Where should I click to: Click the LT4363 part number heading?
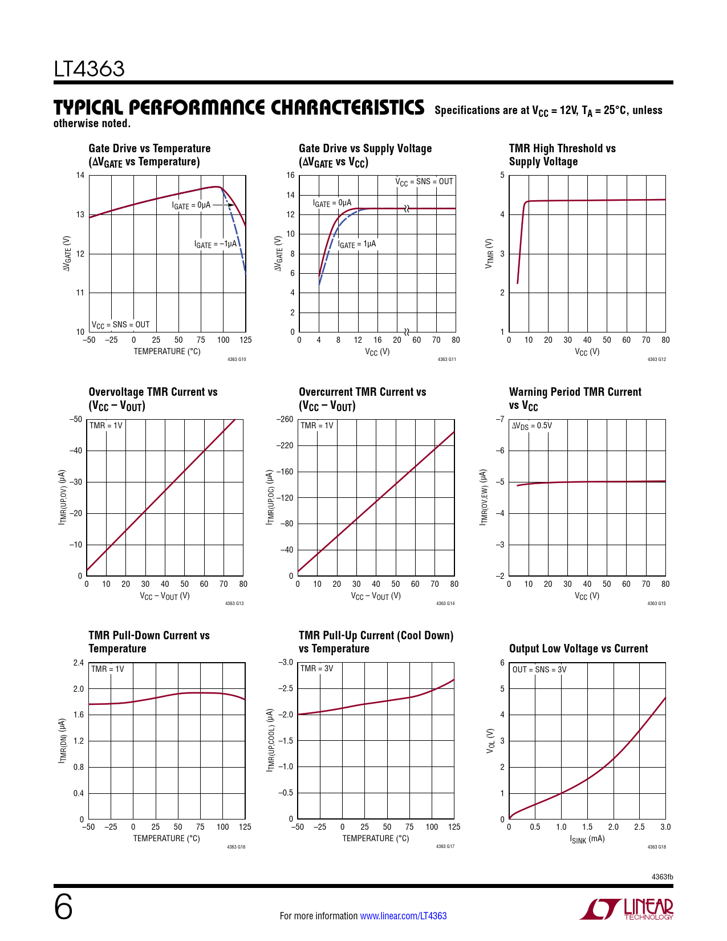(x=89, y=69)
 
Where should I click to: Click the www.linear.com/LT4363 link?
(x=403, y=916)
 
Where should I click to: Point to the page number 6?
(x=63, y=907)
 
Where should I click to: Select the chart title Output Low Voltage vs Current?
(x=578, y=648)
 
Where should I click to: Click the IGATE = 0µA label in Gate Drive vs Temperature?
(x=191, y=205)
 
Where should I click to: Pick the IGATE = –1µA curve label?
(x=216, y=244)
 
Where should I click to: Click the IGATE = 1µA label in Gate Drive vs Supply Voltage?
(x=357, y=244)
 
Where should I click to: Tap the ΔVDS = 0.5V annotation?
(x=531, y=425)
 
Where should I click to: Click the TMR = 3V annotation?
(x=316, y=668)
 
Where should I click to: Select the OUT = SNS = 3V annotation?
(x=539, y=670)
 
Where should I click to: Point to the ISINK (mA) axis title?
(x=587, y=839)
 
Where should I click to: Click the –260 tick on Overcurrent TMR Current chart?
(x=285, y=419)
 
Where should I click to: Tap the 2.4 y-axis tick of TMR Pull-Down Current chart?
(x=79, y=663)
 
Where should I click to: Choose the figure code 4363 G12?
(x=656, y=359)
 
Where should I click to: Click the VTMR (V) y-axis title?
(x=489, y=254)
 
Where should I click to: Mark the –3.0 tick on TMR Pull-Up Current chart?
(x=286, y=662)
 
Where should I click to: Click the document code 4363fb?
(x=662, y=877)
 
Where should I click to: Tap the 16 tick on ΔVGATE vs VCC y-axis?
(x=291, y=175)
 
